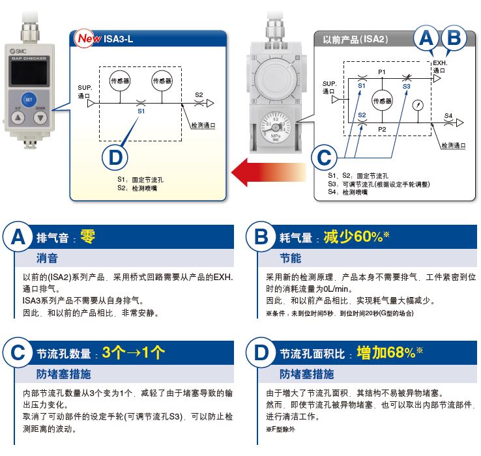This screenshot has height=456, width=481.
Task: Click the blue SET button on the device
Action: [x=28, y=100]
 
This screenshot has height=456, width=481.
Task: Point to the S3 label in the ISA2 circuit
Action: [x=407, y=85]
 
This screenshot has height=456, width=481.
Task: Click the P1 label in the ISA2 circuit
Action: [x=382, y=71]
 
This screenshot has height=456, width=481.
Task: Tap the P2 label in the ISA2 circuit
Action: [x=382, y=130]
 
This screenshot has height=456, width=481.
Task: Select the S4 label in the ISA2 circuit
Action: [x=448, y=115]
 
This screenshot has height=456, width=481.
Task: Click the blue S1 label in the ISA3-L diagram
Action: [x=141, y=111]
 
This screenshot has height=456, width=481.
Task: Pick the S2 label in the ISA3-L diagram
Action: [x=199, y=95]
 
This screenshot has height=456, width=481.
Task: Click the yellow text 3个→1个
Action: [x=134, y=353]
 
